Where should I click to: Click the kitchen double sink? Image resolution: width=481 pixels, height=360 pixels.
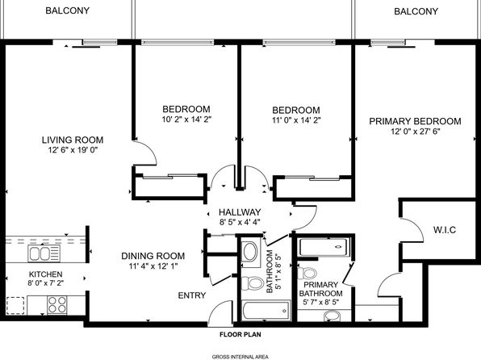click(x=44, y=253)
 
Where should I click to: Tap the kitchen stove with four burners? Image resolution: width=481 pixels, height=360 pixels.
click(x=57, y=305)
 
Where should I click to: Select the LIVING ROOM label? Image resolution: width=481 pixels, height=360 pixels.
click(x=73, y=140)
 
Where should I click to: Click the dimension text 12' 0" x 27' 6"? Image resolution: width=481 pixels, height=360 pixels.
click(x=416, y=132)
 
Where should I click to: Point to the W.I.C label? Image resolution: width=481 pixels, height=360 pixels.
click(x=445, y=229)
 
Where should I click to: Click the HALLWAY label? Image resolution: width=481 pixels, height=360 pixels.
click(x=240, y=212)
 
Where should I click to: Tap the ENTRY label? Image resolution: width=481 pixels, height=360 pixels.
click(x=192, y=295)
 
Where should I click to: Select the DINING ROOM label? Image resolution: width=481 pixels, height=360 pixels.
click(x=153, y=256)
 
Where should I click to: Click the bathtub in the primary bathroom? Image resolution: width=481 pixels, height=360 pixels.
click(x=324, y=247)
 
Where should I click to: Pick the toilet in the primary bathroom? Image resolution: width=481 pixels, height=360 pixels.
click(x=307, y=273)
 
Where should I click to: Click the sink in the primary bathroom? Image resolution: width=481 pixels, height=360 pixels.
click(x=332, y=316)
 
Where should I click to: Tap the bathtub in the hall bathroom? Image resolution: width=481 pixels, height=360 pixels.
click(x=266, y=311)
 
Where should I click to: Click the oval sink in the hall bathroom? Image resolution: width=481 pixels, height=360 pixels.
click(x=250, y=251)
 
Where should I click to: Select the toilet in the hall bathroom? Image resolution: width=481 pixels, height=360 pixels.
click(x=253, y=283)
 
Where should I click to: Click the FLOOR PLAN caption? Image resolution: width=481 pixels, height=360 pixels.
click(x=240, y=334)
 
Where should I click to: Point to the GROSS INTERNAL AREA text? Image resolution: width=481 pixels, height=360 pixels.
click(x=240, y=357)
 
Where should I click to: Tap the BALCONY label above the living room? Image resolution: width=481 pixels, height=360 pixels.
click(x=68, y=10)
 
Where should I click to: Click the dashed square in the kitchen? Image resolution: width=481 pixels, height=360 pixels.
click(x=15, y=305)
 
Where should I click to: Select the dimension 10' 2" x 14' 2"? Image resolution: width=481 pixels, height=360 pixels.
click(x=186, y=119)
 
